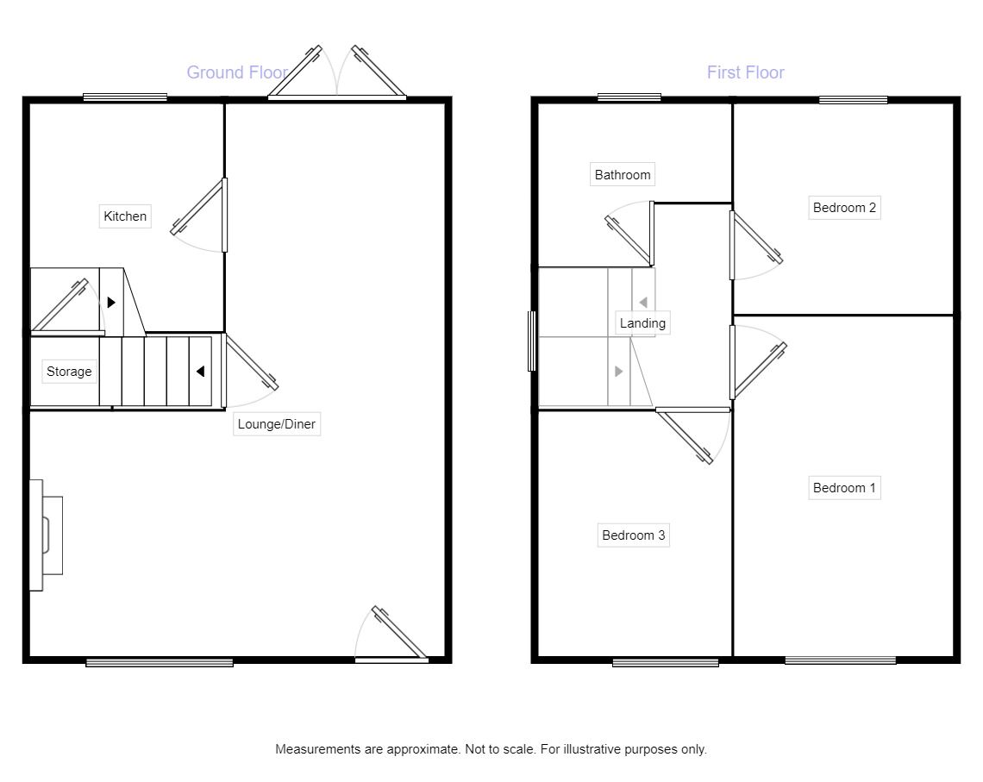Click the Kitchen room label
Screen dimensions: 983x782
coord(125,216)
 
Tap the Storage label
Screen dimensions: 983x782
coord(69,371)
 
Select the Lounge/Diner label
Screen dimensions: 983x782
coord(277,424)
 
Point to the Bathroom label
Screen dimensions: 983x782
coord(623,175)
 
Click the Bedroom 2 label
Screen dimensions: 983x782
coord(844,208)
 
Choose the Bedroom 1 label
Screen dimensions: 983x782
coord(844,487)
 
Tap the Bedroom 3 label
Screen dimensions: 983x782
coord(633,535)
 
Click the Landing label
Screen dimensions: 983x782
coord(642,323)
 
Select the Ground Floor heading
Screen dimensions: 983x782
coord(238,72)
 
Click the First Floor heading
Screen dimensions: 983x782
coord(745,72)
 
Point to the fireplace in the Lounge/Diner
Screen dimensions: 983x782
coord(47,535)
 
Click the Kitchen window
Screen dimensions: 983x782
coord(125,97)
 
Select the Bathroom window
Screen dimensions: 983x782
coord(629,97)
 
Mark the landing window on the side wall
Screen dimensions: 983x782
coord(532,341)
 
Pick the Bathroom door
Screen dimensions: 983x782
coord(629,233)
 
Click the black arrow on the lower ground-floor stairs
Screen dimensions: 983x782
coord(200,372)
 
